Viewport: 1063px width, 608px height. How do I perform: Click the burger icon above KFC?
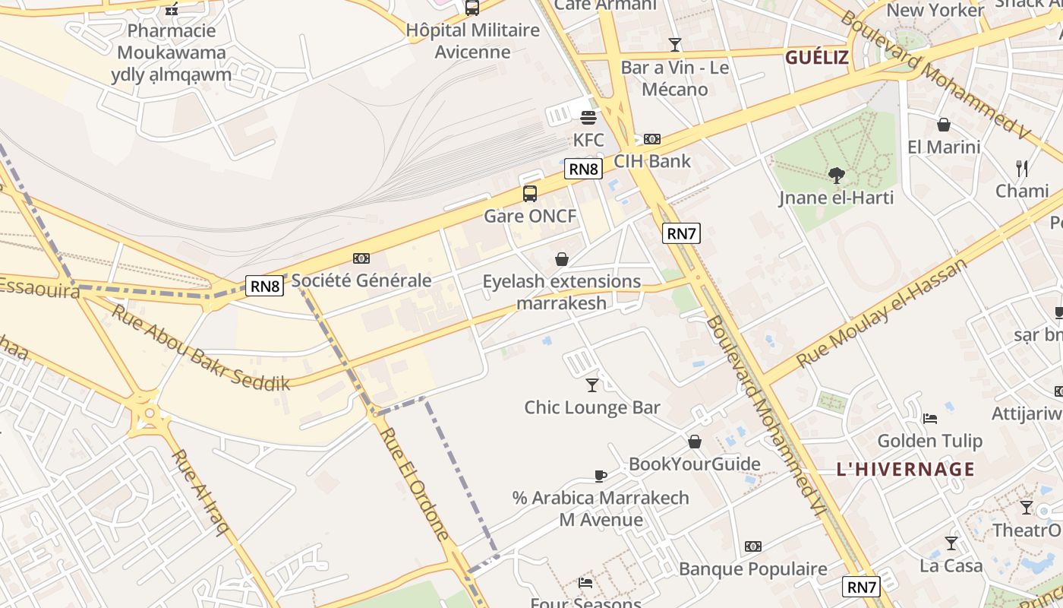pyautogui.click(x=588, y=118)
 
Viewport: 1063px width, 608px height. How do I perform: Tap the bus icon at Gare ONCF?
pyautogui.click(x=530, y=194)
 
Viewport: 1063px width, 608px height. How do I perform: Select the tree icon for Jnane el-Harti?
pyautogui.click(x=837, y=176)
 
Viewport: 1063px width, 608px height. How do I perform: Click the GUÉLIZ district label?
pyautogui.click(x=817, y=58)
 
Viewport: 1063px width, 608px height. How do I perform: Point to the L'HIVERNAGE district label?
pyautogui.click(x=905, y=469)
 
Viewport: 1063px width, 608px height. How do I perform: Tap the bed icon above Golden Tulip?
pyautogui.click(x=930, y=419)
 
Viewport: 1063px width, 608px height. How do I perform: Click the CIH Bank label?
pyautogui.click(x=652, y=161)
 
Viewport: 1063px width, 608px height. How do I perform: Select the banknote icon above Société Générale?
pyautogui.click(x=361, y=259)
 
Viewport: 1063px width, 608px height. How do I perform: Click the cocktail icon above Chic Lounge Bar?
pyautogui.click(x=592, y=385)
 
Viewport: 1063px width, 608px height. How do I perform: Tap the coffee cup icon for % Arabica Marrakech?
pyautogui.click(x=601, y=477)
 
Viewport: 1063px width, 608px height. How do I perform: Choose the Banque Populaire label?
pyautogui.click(x=752, y=568)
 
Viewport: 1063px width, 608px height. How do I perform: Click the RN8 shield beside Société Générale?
pyautogui.click(x=266, y=286)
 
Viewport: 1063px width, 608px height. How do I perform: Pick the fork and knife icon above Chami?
pyautogui.click(x=1022, y=168)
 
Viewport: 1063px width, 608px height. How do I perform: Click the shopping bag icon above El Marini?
pyautogui.click(x=944, y=125)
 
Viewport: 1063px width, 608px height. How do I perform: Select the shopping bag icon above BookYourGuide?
pyautogui.click(x=695, y=442)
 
